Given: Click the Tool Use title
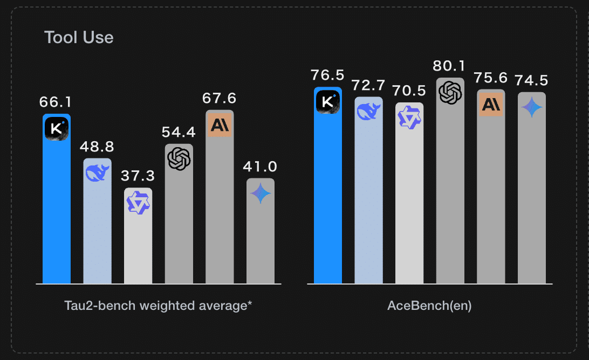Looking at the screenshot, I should [79, 38].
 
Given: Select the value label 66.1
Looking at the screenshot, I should [56, 102].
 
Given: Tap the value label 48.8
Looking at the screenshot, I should [97, 146].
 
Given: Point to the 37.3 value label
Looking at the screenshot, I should [138, 176].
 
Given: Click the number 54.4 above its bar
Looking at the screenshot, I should [179, 132].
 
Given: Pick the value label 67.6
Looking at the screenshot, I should [220, 99].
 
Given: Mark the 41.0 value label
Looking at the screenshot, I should [261, 167].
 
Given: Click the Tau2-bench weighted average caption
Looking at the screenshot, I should [158, 306].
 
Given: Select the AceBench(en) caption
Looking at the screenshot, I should [429, 306].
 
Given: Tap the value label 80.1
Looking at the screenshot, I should [450, 66].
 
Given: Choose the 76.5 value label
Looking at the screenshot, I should [327, 75].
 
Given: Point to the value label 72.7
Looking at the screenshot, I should [368, 85].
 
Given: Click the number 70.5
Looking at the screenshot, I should [409, 91].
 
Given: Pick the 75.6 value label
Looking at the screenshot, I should [491, 78].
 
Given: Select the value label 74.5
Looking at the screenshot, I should [532, 81].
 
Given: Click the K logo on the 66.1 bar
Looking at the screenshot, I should [57, 129].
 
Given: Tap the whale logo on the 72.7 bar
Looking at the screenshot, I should [368, 112].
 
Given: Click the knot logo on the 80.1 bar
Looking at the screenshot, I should [450, 92].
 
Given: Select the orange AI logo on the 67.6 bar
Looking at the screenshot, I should [220, 125].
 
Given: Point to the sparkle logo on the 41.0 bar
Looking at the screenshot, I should [261, 193].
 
